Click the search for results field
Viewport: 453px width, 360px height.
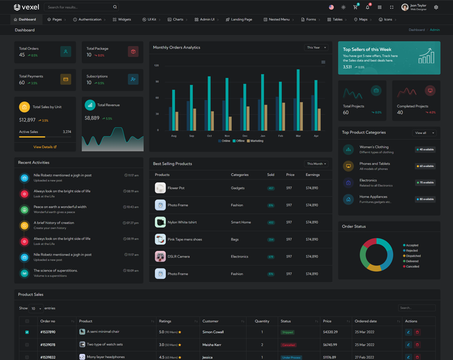click(79, 7)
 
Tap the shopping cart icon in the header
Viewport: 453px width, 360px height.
click(355, 7)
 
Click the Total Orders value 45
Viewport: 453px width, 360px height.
click(22, 55)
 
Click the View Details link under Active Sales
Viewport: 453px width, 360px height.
click(45, 147)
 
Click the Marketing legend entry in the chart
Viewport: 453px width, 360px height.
click(257, 141)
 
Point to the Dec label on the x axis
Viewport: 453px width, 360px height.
click(245, 136)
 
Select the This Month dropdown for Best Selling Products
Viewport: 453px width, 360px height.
click(317, 164)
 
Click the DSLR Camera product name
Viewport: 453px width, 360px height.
click(178, 256)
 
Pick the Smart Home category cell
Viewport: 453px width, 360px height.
click(241, 222)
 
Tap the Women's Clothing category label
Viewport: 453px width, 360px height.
click(374, 147)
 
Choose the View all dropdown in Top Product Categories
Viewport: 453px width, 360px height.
click(424, 133)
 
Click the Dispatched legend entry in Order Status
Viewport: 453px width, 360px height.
click(413, 256)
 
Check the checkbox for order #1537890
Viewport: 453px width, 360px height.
click(27, 332)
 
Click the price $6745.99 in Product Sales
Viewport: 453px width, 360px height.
click(330, 344)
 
